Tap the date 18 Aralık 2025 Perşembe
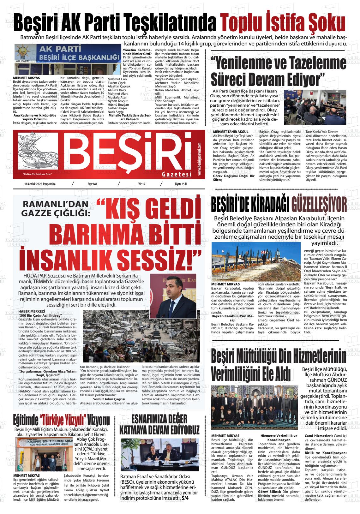tap(40, 184)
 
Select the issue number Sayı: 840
tap(92, 184)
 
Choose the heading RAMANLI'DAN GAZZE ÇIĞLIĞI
tap(56, 210)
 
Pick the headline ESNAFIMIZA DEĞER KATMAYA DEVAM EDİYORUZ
tap(159, 424)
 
